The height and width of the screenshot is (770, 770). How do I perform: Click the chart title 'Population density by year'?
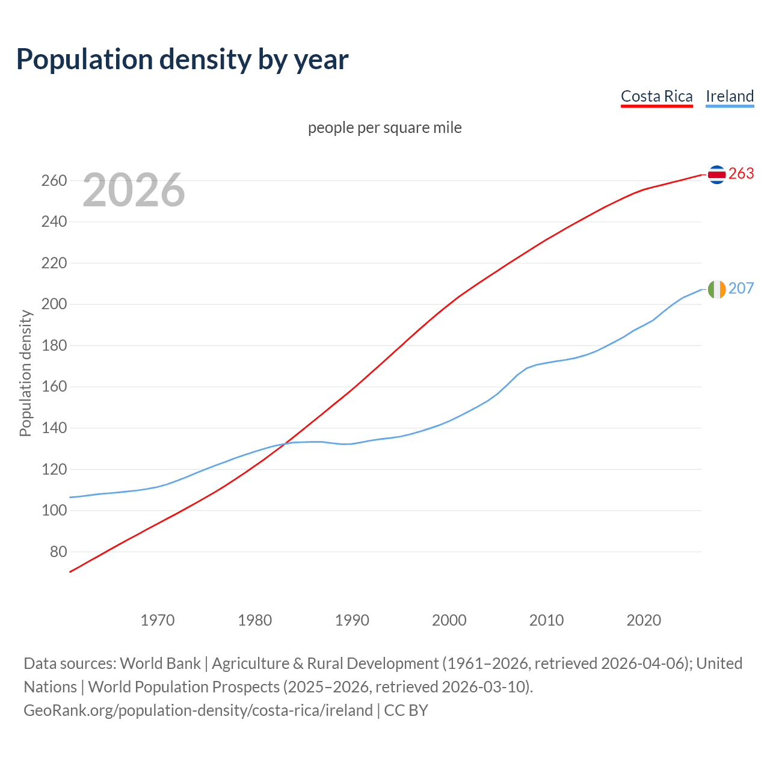(182, 59)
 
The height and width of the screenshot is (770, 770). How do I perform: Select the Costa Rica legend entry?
(656, 96)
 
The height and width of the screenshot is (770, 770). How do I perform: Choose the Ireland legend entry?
(730, 96)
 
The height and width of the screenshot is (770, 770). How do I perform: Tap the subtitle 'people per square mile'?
(384, 128)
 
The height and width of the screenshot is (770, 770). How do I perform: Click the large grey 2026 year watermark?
(134, 190)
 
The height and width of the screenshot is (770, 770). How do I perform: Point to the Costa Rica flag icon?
(716, 174)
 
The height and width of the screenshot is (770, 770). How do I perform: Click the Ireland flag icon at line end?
(716, 289)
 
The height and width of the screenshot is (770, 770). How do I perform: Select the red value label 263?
(741, 174)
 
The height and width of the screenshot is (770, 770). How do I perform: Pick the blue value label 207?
(741, 289)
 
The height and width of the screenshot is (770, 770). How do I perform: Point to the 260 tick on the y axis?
(54, 180)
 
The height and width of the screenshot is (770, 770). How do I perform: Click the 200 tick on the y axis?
(54, 304)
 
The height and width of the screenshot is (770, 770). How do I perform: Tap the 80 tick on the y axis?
(58, 552)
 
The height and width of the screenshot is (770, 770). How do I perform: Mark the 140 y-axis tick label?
(54, 428)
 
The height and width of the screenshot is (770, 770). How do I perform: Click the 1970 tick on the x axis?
(158, 620)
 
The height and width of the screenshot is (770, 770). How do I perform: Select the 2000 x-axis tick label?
(449, 620)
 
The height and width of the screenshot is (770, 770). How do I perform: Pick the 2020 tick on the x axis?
(644, 620)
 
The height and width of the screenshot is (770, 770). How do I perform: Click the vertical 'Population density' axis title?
(25, 373)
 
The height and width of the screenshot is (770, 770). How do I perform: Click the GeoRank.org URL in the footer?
(198, 710)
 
